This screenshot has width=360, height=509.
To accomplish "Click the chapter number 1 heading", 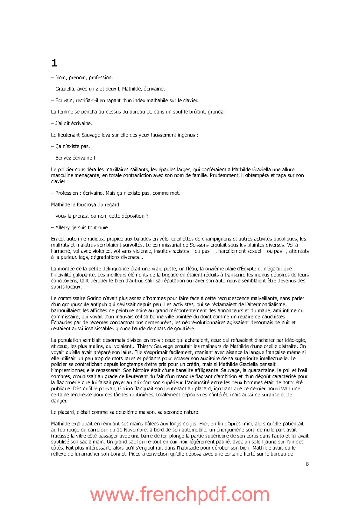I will click(54, 63).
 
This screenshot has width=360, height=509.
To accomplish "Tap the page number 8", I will click(307, 464).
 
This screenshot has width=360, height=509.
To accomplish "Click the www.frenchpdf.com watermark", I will click(180, 495).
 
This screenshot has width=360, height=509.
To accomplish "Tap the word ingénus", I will click(186, 135).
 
